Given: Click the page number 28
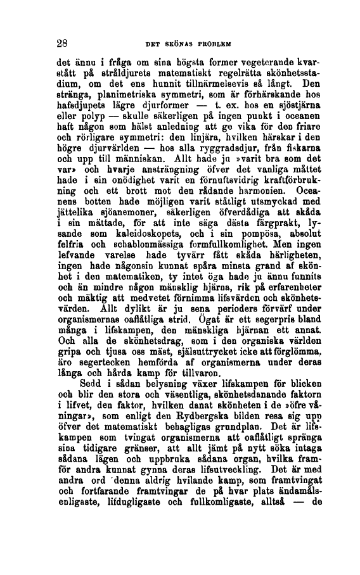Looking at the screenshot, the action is point(61,43).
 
